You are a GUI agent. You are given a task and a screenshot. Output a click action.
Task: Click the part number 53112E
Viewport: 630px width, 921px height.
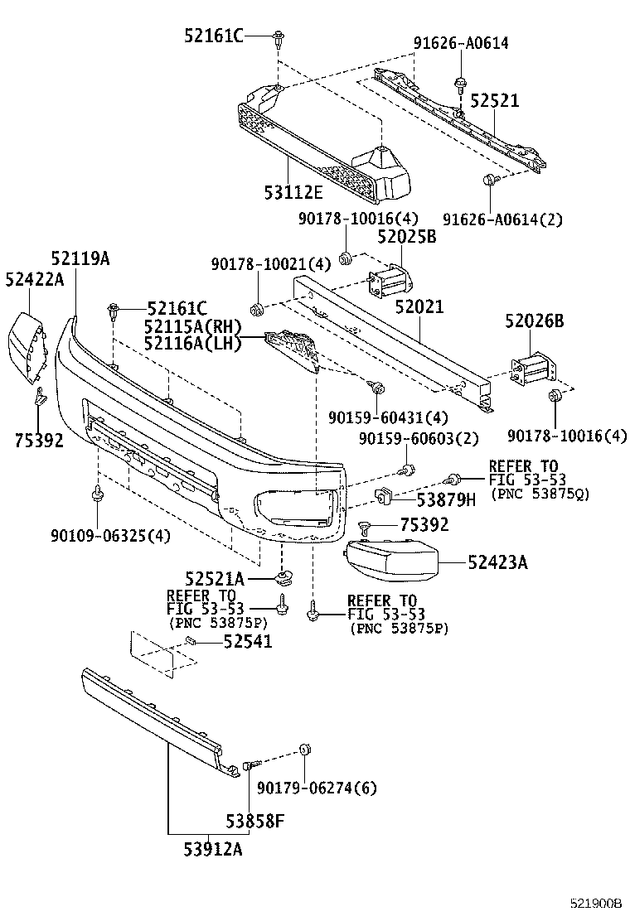(x=293, y=192)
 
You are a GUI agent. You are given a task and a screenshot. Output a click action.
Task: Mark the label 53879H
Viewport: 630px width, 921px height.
(x=446, y=499)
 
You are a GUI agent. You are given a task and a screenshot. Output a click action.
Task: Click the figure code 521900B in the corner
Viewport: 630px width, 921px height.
(x=594, y=903)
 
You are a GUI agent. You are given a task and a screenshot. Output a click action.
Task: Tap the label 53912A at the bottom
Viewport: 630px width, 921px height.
(x=214, y=848)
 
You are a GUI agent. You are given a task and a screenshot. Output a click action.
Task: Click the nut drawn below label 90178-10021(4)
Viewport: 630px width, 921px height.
(x=258, y=310)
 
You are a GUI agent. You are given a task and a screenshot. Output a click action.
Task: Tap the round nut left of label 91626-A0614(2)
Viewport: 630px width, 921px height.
(x=489, y=181)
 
